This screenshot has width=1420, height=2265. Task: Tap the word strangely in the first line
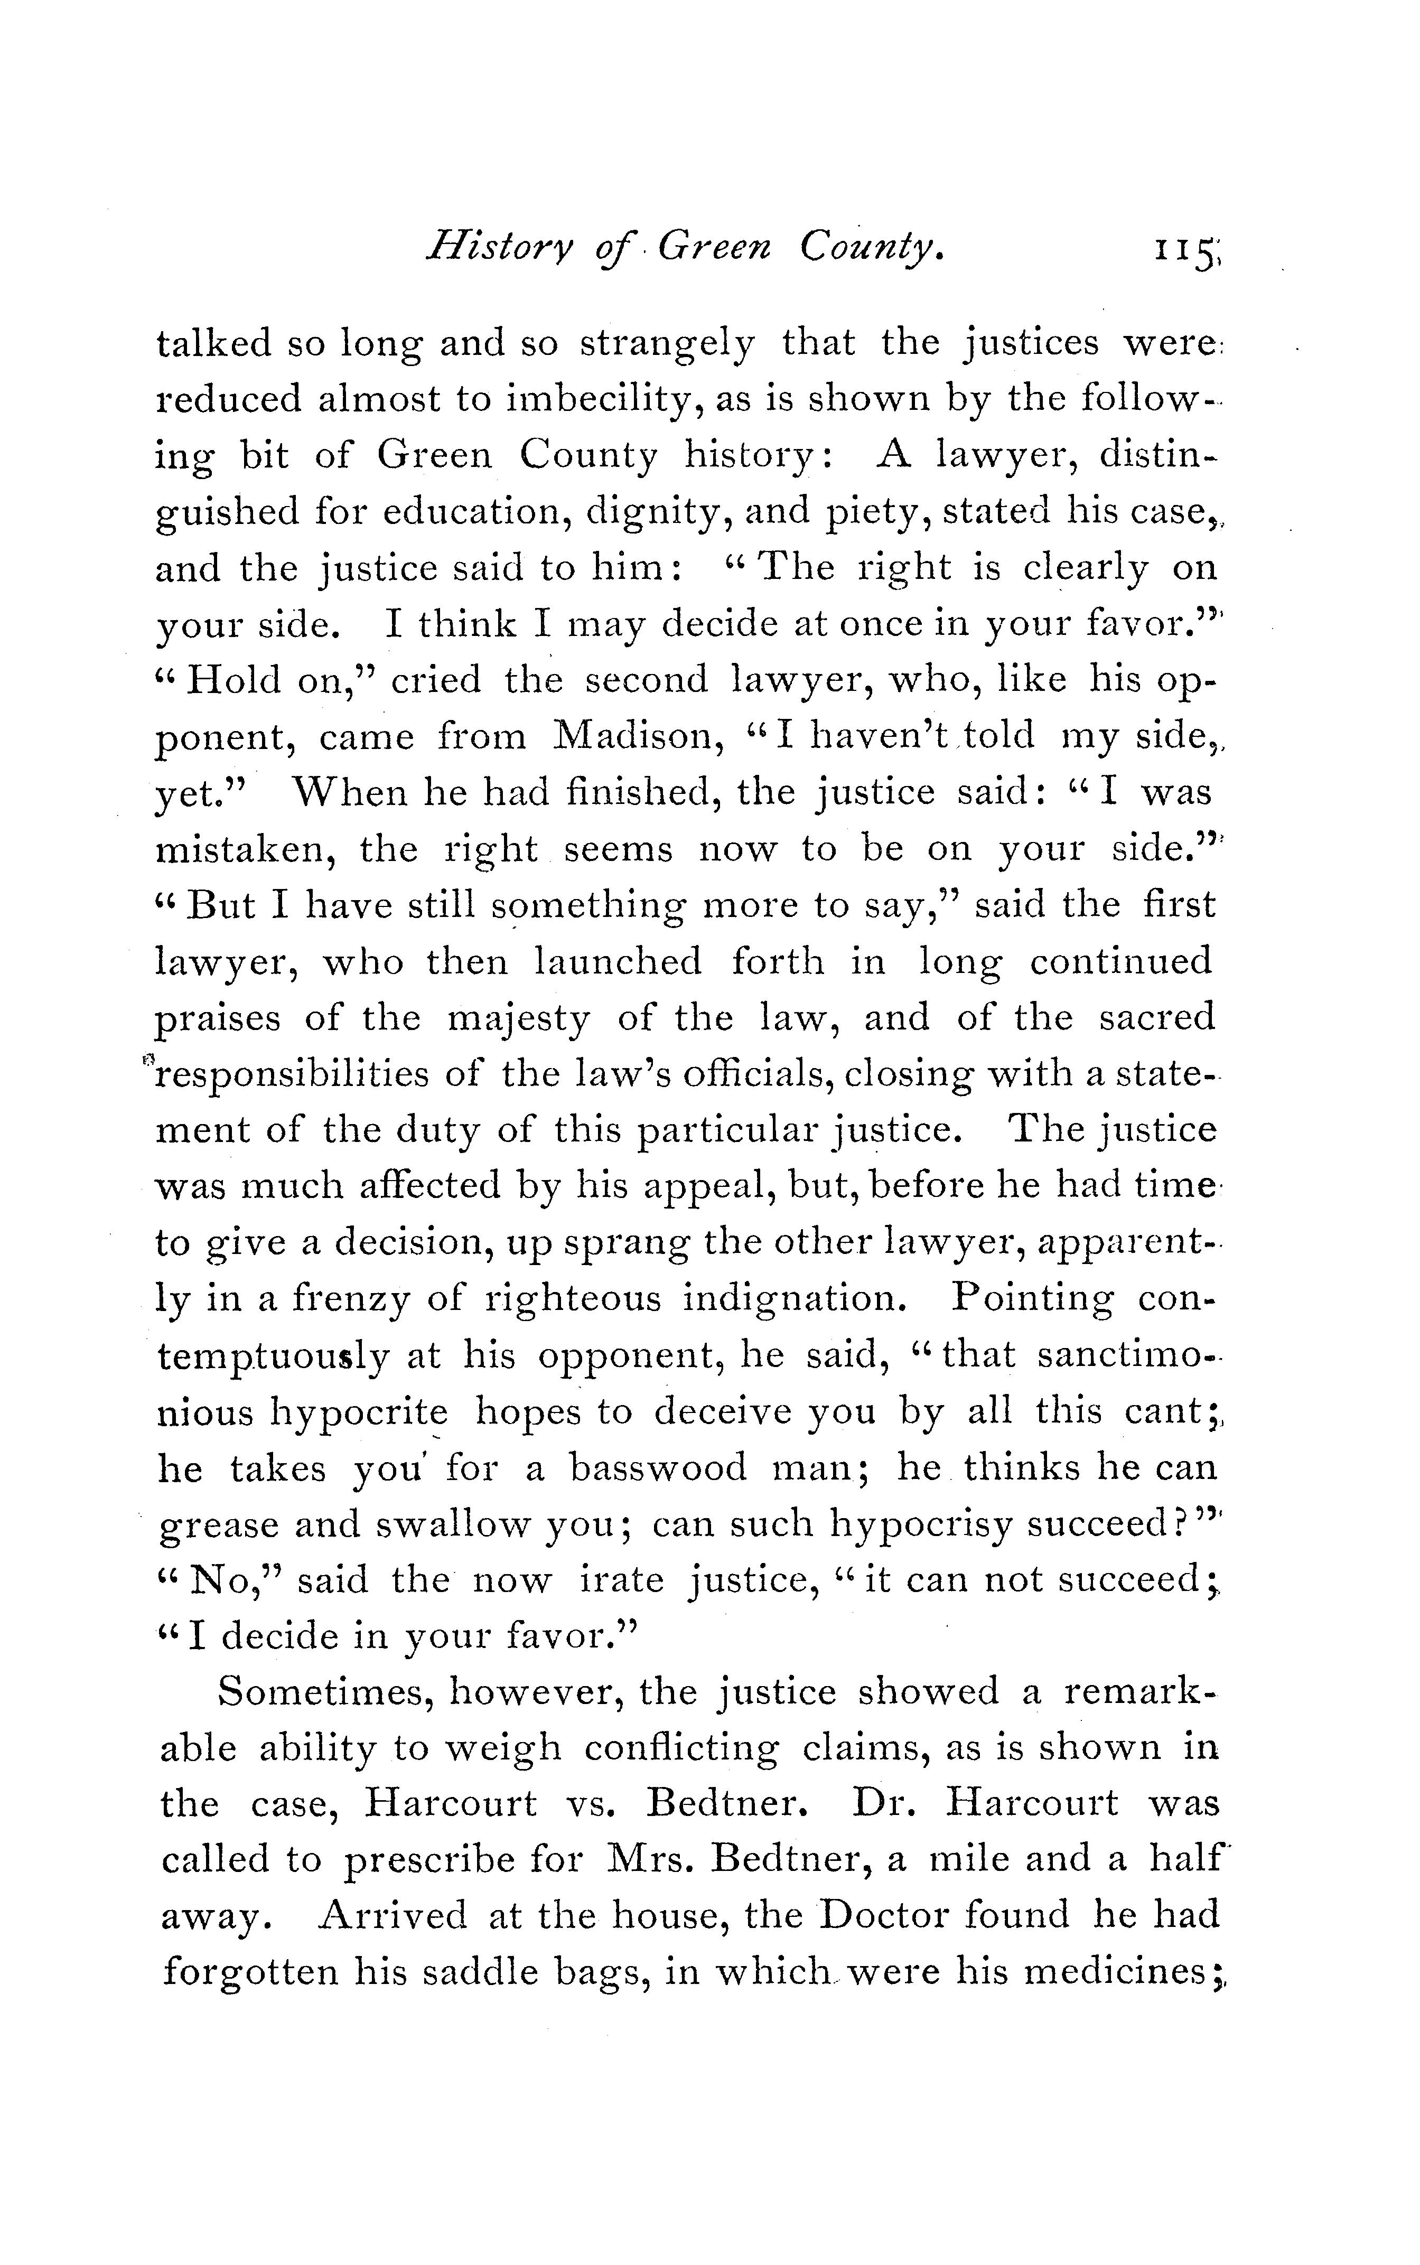666,344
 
